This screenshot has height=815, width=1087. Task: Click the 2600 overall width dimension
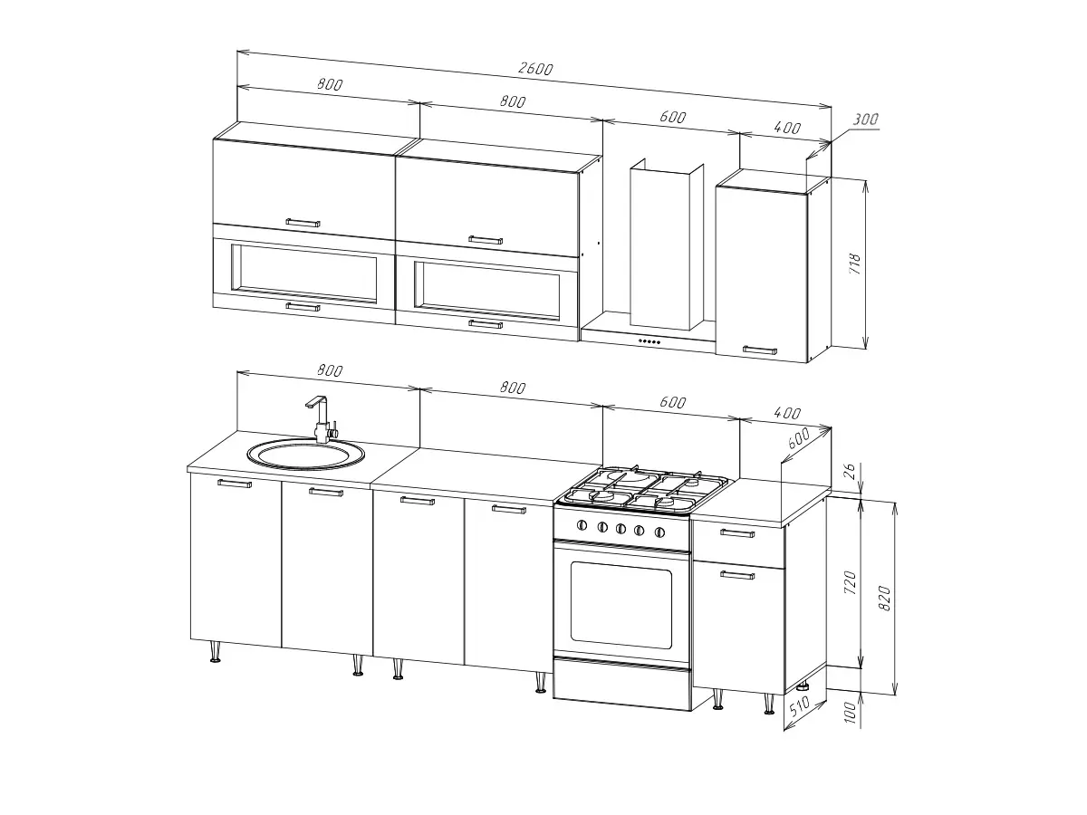(535, 68)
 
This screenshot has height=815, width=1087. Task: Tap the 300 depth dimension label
(866, 120)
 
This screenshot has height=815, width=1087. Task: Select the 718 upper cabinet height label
(855, 264)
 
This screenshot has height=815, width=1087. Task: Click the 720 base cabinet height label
(850, 582)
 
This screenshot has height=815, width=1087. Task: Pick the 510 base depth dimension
(799, 706)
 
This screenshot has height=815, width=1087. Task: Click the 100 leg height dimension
(850, 713)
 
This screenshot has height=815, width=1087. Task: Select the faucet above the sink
(322, 418)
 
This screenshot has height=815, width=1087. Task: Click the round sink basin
(306, 455)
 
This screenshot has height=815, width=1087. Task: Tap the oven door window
(621, 605)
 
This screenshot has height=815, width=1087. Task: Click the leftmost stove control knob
(582, 525)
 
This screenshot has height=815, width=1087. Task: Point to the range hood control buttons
(649, 341)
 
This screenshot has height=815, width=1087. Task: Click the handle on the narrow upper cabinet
(760, 350)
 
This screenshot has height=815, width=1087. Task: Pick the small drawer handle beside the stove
(738, 533)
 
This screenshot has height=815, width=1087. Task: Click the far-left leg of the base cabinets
(215, 652)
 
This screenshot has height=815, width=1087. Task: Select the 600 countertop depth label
(798, 438)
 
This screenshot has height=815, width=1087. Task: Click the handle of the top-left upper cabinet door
(303, 223)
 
